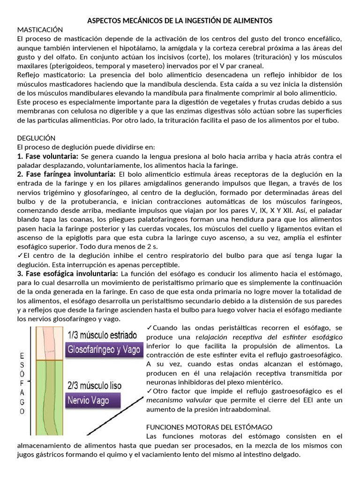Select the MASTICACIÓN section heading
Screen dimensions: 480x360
(39, 29)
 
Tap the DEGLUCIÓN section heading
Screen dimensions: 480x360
(36, 138)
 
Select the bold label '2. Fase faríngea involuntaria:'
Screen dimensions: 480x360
(66, 174)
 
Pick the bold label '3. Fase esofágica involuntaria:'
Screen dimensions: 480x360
(67, 273)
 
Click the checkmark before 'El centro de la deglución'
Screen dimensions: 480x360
(19, 255)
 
